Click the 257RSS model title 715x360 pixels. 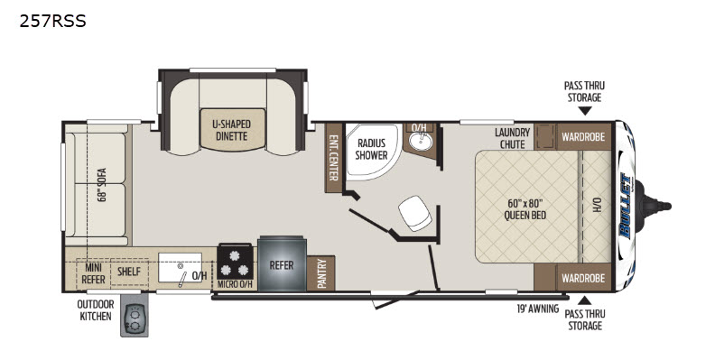point(52,21)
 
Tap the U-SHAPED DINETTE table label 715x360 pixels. point(232,130)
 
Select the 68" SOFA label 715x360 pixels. point(101,185)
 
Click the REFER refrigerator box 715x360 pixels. point(282,263)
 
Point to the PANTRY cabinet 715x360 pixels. point(321,273)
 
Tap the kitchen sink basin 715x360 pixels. point(181,267)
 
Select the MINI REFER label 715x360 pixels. point(94,273)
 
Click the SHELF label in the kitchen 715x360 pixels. point(129,272)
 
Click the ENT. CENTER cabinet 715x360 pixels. point(334,157)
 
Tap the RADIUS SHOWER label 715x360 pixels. point(371,149)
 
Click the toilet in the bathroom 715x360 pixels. point(415,213)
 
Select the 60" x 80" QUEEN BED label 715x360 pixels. point(525,208)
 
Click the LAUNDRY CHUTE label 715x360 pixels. point(513,138)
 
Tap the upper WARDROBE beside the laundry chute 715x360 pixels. point(583,136)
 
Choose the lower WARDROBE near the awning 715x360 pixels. point(583,278)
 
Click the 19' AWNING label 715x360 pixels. point(538,309)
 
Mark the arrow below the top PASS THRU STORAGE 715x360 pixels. point(585,110)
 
